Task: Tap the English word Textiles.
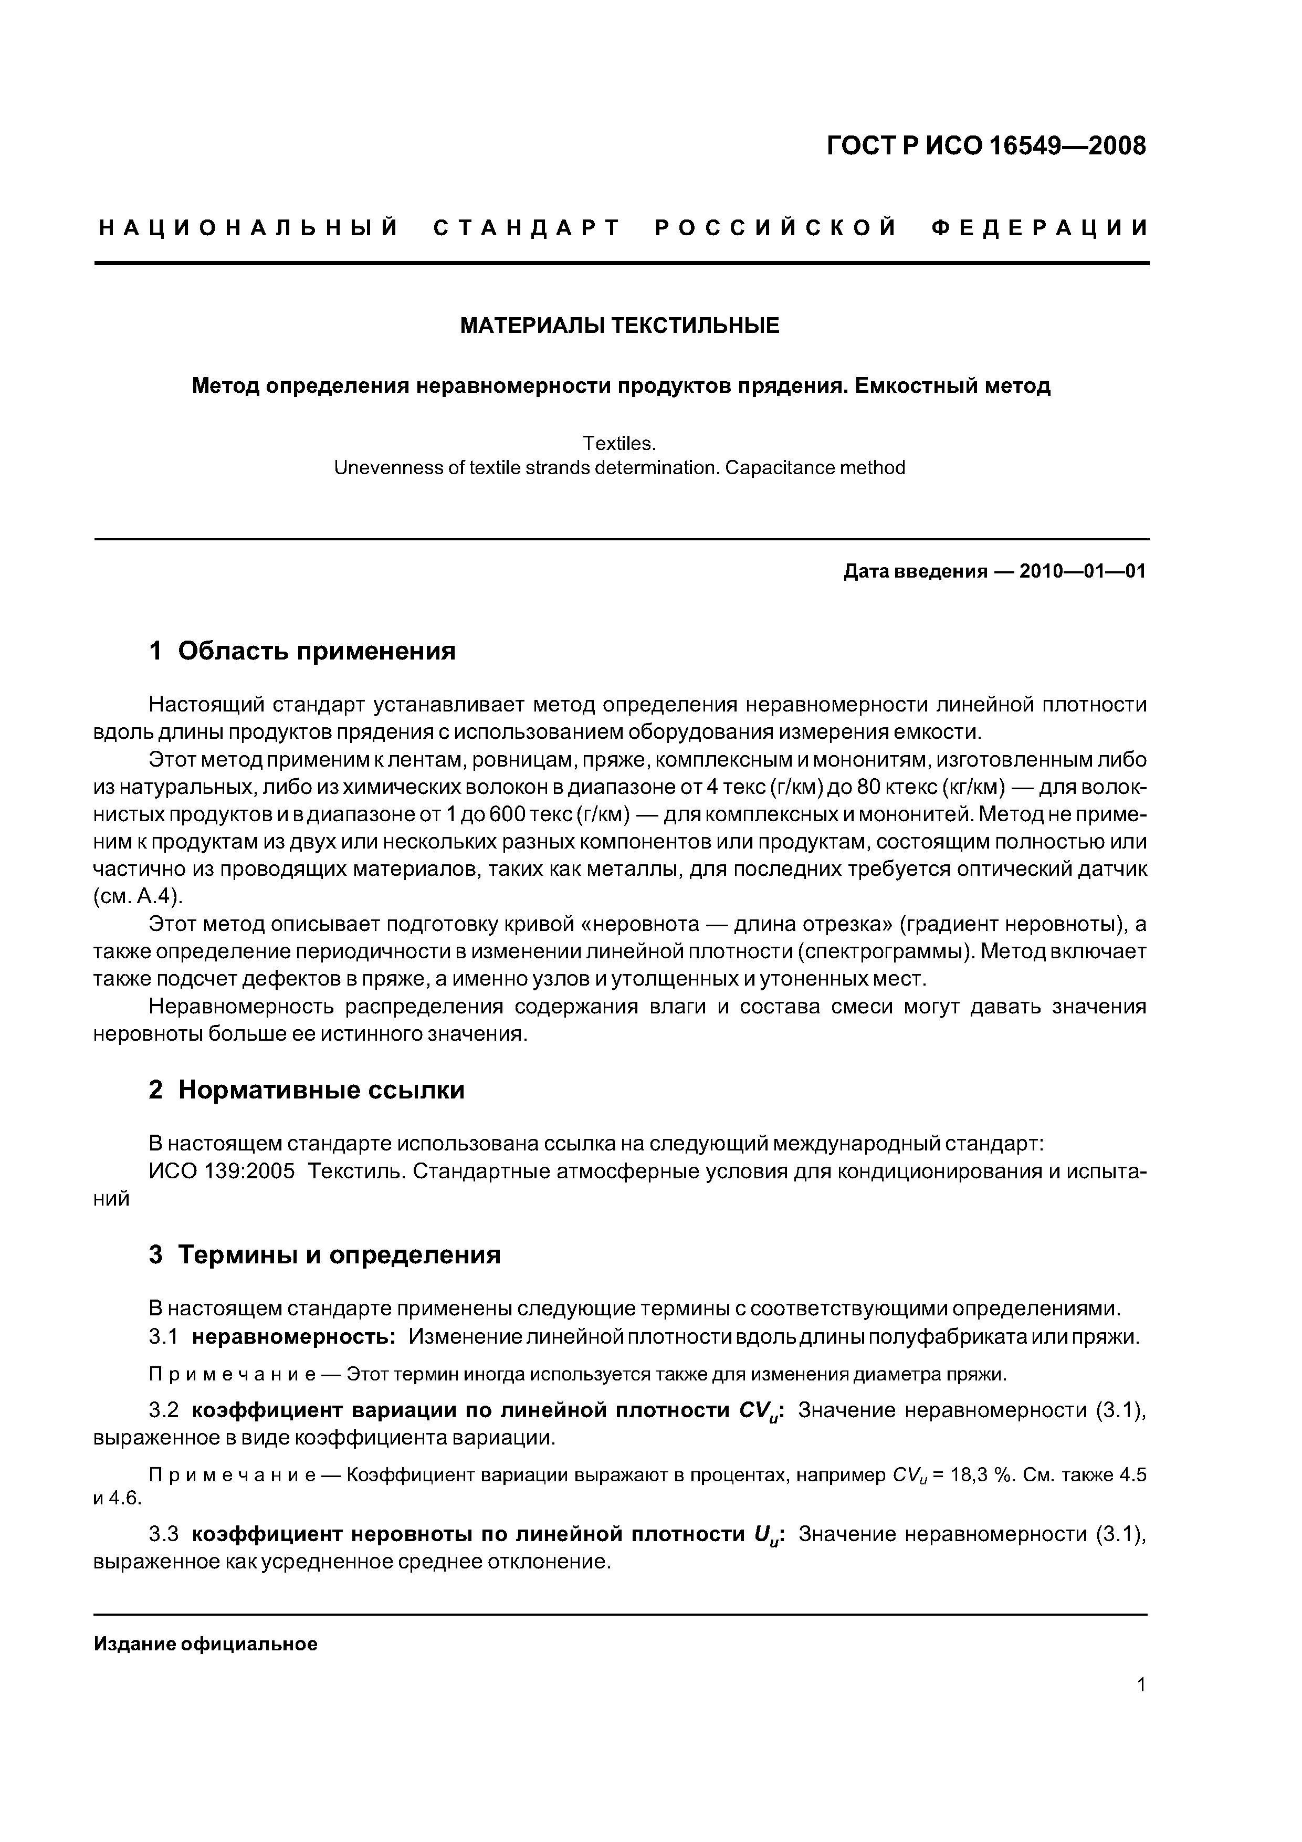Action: [619, 444]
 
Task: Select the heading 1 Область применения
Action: [302, 650]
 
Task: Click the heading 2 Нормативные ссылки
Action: [307, 1090]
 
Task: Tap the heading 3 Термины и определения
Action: [325, 1254]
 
